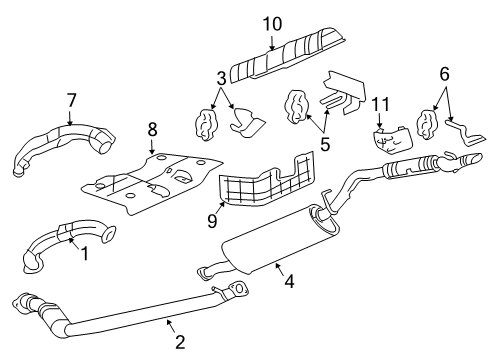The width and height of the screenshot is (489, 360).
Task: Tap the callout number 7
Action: click(72, 99)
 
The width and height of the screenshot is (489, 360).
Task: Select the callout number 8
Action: click(152, 130)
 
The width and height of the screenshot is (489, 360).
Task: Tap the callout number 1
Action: click(86, 254)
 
